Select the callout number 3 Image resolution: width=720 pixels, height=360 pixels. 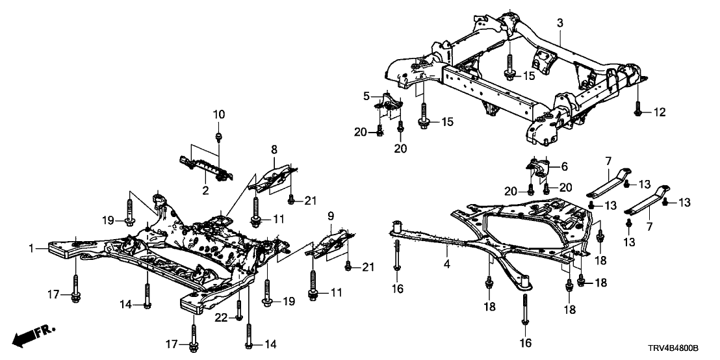pos(559,23)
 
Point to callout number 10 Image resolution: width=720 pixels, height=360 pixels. pos(219,114)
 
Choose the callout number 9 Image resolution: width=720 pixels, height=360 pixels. pos(331,214)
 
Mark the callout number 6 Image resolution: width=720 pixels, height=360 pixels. pos(564,166)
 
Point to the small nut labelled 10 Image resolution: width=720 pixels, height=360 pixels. pos(220,136)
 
